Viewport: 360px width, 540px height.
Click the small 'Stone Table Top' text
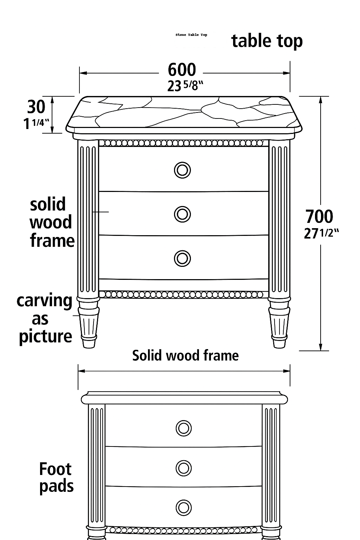191,35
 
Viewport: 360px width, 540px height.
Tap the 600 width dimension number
182,70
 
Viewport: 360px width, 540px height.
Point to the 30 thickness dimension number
36,107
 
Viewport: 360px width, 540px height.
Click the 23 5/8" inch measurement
185,85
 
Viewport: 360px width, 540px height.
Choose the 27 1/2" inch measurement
321,233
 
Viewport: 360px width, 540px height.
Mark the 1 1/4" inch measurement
36,123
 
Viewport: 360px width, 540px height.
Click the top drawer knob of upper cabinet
182,170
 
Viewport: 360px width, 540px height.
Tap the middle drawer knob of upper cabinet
182,214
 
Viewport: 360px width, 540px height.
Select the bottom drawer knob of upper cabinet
182,258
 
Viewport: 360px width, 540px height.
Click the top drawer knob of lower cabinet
183,428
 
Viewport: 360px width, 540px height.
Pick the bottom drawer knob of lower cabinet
183,507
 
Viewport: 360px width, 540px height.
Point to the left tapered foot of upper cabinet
88,323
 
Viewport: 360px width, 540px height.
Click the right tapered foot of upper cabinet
279,323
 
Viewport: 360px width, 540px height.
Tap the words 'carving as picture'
45,319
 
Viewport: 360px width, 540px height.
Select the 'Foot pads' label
56,477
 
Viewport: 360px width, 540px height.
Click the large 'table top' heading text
267,41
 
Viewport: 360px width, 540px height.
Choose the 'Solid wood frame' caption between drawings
185,355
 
